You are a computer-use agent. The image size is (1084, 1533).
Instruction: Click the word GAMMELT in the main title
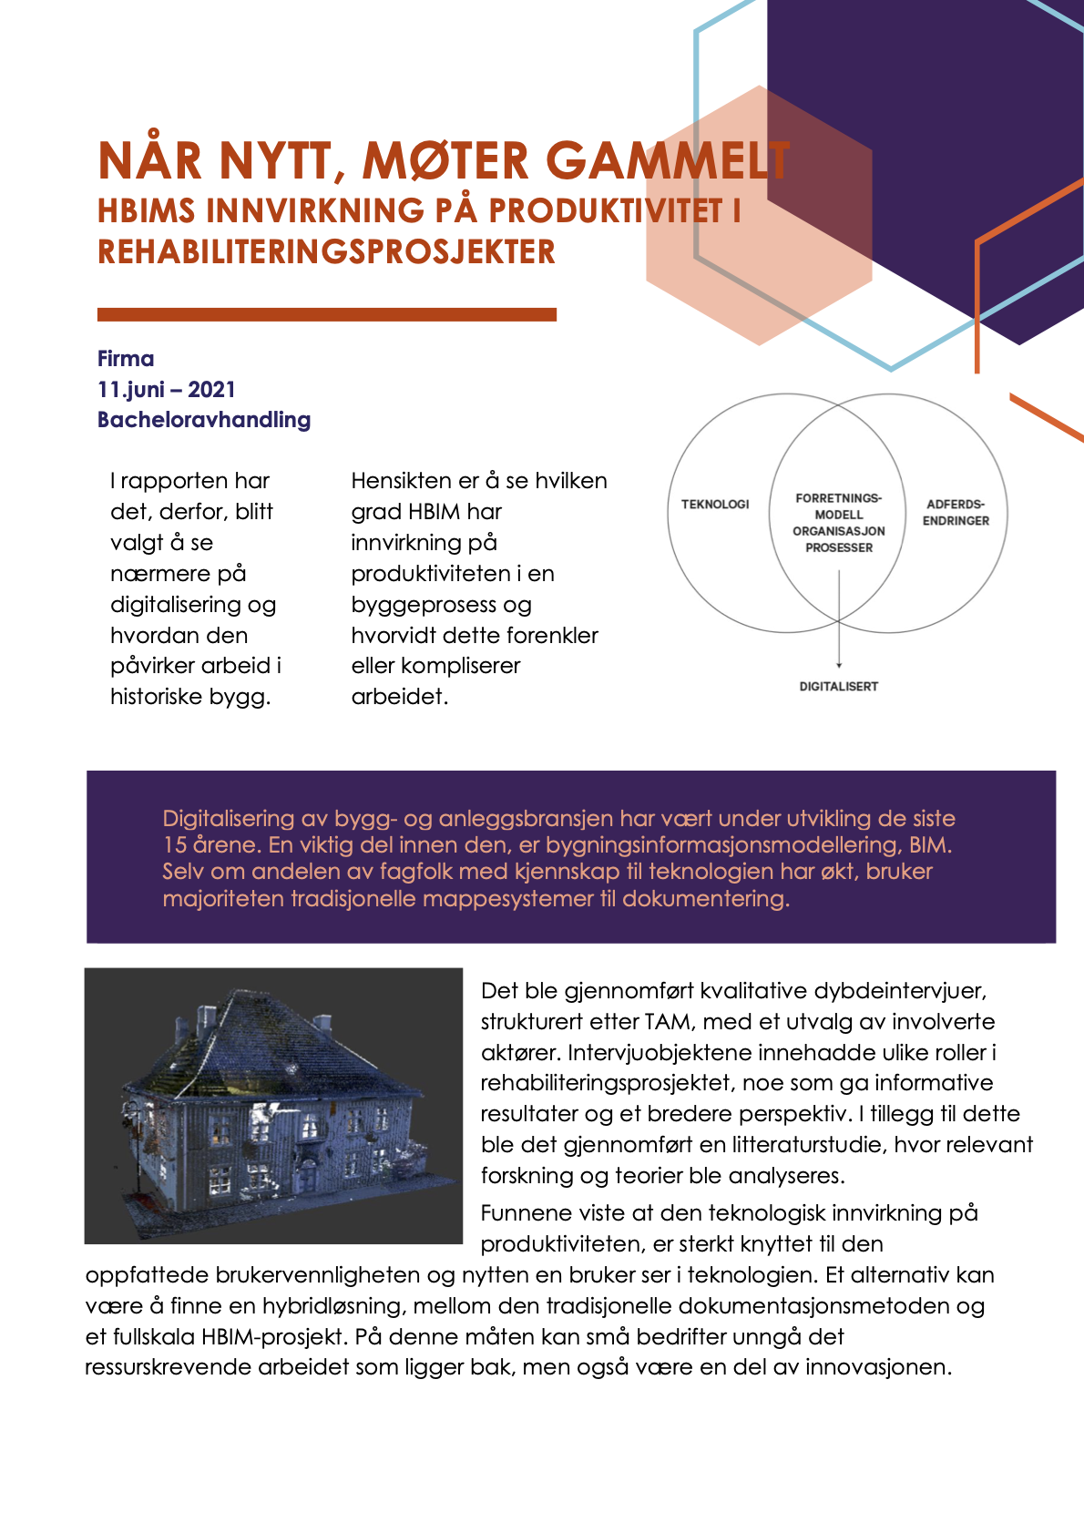668,161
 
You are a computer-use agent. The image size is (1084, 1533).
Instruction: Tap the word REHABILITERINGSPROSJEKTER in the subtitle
326,252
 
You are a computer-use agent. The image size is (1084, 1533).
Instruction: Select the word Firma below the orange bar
126,359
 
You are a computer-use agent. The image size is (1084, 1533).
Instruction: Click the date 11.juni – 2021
167,390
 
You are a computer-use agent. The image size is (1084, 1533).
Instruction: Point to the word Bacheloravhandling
204,420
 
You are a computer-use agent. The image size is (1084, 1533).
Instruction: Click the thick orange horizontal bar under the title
326,315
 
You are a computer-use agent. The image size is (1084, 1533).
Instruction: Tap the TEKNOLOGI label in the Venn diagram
715,505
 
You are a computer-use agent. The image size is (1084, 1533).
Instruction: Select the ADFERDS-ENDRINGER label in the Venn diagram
956,513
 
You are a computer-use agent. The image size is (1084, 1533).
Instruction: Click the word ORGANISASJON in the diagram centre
838,531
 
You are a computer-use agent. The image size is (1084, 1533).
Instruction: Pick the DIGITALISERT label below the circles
838,687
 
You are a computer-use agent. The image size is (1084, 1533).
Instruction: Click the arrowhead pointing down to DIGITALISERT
839,665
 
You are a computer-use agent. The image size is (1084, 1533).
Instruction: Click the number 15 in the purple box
174,845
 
